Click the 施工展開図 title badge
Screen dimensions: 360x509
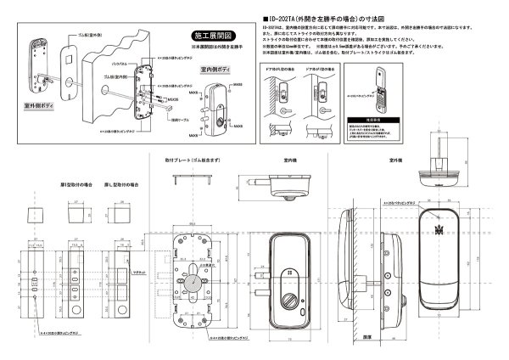pos(208,37)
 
